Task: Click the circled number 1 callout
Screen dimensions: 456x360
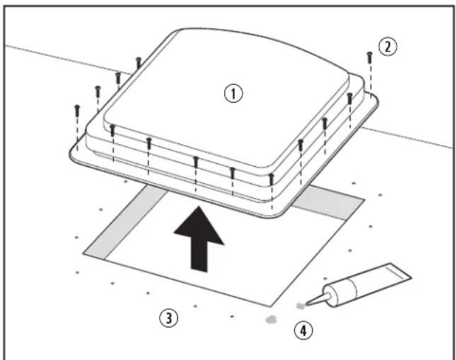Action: [233, 93]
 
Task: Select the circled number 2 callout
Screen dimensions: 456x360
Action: [387, 47]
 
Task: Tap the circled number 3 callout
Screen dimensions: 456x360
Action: [169, 318]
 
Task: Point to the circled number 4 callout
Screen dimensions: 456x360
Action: [303, 330]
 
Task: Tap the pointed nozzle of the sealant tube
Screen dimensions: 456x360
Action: [318, 299]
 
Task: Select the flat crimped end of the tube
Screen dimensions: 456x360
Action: [400, 272]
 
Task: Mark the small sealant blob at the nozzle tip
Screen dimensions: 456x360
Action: [300, 306]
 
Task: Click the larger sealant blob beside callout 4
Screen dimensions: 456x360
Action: [271, 320]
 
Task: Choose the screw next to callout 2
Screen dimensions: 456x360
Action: [370, 57]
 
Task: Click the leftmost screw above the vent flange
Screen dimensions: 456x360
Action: [77, 111]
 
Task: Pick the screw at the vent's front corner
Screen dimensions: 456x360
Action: [271, 180]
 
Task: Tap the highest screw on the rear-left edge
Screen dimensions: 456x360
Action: [139, 63]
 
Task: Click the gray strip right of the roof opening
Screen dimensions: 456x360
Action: [328, 202]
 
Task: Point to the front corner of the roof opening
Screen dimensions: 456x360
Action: [271, 306]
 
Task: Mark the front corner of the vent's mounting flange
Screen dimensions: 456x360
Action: [272, 217]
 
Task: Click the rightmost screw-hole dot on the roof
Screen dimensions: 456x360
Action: [380, 195]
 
